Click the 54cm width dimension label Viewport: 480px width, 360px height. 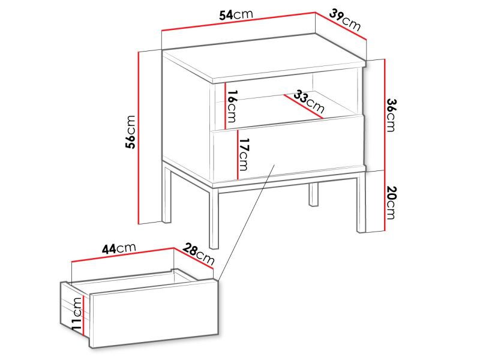click(x=236, y=14)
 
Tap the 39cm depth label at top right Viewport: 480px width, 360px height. click(x=346, y=20)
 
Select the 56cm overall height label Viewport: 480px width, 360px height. click(x=130, y=132)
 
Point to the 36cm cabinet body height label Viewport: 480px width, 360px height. click(x=391, y=115)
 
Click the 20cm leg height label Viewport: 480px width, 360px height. click(x=391, y=203)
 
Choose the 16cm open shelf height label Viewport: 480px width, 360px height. click(x=232, y=106)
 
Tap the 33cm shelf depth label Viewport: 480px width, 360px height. click(x=308, y=101)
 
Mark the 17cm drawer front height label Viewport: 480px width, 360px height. click(x=244, y=154)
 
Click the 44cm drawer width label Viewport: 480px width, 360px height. click(x=119, y=248)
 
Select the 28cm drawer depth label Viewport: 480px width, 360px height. click(x=199, y=254)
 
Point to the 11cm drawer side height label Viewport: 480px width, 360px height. click(x=77, y=313)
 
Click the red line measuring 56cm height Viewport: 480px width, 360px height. click(x=139, y=137)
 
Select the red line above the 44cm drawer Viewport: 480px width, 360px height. click(x=123, y=254)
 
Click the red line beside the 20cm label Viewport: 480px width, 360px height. click(x=385, y=200)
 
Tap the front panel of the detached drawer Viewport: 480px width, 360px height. click(x=155, y=313)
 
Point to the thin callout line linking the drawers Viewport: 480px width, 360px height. click(x=247, y=222)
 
